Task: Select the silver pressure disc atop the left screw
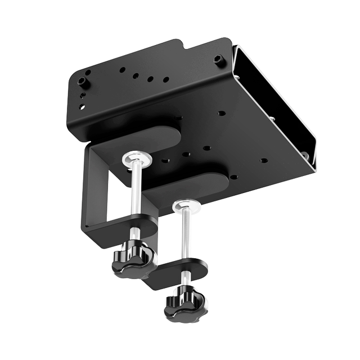point(137,160)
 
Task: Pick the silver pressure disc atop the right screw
point(187,207)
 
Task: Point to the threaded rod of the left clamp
point(136,191)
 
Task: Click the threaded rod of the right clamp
point(184,236)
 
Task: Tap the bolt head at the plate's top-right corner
point(219,59)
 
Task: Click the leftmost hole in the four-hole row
point(122,70)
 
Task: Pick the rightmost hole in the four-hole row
point(166,80)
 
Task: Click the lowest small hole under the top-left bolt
point(82,106)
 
